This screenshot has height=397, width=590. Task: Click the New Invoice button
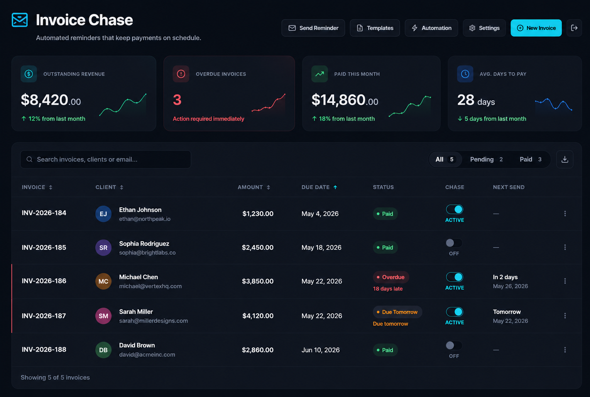(x=536, y=28)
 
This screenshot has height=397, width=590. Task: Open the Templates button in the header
(x=375, y=28)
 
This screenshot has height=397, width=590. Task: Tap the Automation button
(x=431, y=28)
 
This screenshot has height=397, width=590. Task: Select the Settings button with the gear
(x=484, y=28)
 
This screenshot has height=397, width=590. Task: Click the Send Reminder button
(x=313, y=28)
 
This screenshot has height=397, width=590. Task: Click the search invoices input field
(x=106, y=159)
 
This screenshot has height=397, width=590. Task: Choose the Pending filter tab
(x=486, y=159)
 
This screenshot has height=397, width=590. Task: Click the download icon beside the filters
(x=565, y=159)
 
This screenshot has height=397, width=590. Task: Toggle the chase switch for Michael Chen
(x=454, y=277)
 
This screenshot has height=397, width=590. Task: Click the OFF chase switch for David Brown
(x=454, y=345)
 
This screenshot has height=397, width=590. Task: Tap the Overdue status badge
(x=391, y=277)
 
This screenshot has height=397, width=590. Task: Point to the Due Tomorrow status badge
(x=397, y=312)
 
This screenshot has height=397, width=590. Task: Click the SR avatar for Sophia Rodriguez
(x=103, y=248)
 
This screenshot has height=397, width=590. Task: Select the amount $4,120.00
(x=258, y=316)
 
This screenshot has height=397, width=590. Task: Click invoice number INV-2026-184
(x=44, y=213)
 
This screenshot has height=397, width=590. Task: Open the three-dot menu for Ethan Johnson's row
(x=565, y=214)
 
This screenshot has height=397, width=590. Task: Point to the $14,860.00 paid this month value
(x=345, y=100)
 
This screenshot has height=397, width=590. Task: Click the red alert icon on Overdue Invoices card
(x=181, y=74)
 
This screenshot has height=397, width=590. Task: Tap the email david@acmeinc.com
(x=147, y=355)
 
